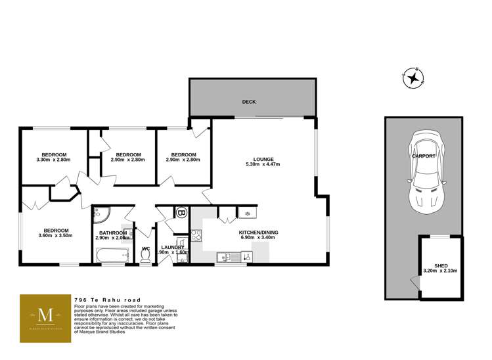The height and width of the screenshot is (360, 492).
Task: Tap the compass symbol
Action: pyautogui.click(x=414, y=79)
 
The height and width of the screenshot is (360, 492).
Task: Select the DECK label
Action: pyautogui.click(x=248, y=102)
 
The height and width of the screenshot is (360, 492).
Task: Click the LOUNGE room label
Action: pyautogui.click(x=263, y=158)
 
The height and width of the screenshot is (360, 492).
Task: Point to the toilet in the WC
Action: pyautogui.click(x=146, y=257)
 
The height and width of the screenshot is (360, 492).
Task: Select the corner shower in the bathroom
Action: pyautogui.click(x=101, y=214)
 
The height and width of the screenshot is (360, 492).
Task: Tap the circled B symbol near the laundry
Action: pyautogui.click(x=181, y=214)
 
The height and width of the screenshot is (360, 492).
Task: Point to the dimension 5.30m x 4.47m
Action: pyautogui.click(x=263, y=165)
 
